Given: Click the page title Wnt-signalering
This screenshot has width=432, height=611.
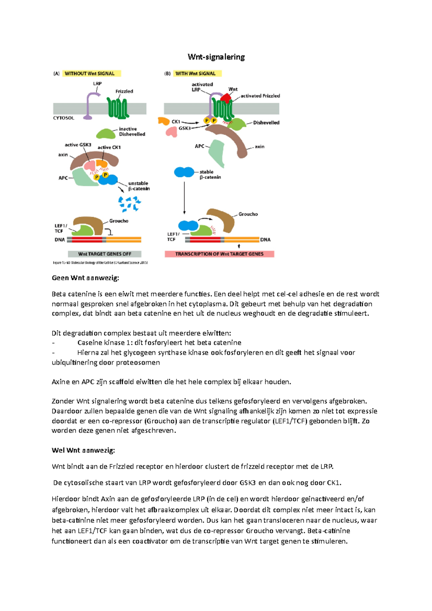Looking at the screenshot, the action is click(216, 57).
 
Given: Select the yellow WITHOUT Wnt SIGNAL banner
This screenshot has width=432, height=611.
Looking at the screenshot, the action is click(92, 73).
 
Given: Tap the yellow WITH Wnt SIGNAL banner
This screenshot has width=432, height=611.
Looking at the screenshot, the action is click(197, 73).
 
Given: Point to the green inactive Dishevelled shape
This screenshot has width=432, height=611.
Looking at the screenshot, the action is click(106, 133).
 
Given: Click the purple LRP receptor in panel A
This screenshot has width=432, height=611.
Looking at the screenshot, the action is click(92, 106).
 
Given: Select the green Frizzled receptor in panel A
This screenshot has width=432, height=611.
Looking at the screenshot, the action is click(118, 108).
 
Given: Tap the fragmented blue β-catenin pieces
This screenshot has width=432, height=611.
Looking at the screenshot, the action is click(129, 204).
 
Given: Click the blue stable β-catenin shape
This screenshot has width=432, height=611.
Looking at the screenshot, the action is click(184, 172).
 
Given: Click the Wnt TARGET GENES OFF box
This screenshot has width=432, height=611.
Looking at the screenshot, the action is click(104, 254).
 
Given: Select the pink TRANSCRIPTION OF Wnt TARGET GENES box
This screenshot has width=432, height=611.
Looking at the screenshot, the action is click(219, 254).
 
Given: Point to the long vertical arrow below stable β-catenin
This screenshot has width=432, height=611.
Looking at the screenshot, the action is click(184, 198).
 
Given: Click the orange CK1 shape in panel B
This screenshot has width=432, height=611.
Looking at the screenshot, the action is click(164, 121).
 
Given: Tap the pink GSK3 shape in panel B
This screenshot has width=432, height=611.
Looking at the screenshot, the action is click(172, 132).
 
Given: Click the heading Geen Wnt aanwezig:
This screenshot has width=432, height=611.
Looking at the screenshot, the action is click(85, 278).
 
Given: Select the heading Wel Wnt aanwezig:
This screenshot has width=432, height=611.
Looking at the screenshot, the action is click(83, 450).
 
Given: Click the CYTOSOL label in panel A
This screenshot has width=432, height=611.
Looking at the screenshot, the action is click(64, 118).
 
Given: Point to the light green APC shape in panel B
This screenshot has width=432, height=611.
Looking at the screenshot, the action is click(217, 153).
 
